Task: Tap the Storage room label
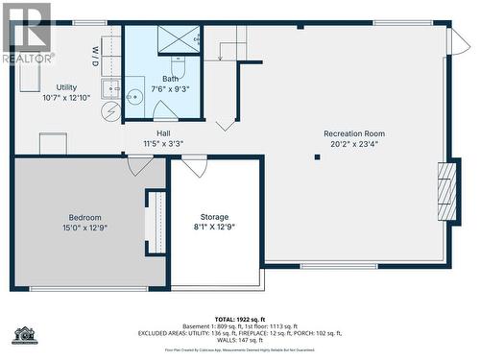[214, 217]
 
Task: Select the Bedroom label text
[84, 218]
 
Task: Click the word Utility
[66, 87]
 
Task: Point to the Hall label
[163, 133]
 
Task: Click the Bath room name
[170, 79]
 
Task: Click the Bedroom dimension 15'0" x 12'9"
[84, 228]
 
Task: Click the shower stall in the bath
[179, 39]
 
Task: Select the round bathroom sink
[134, 95]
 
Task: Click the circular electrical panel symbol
[112, 110]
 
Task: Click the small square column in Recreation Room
[317, 157]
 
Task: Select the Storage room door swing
[195, 167]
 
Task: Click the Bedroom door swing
[140, 165]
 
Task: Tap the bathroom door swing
[166, 110]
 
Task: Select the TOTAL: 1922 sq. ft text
[240, 318]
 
